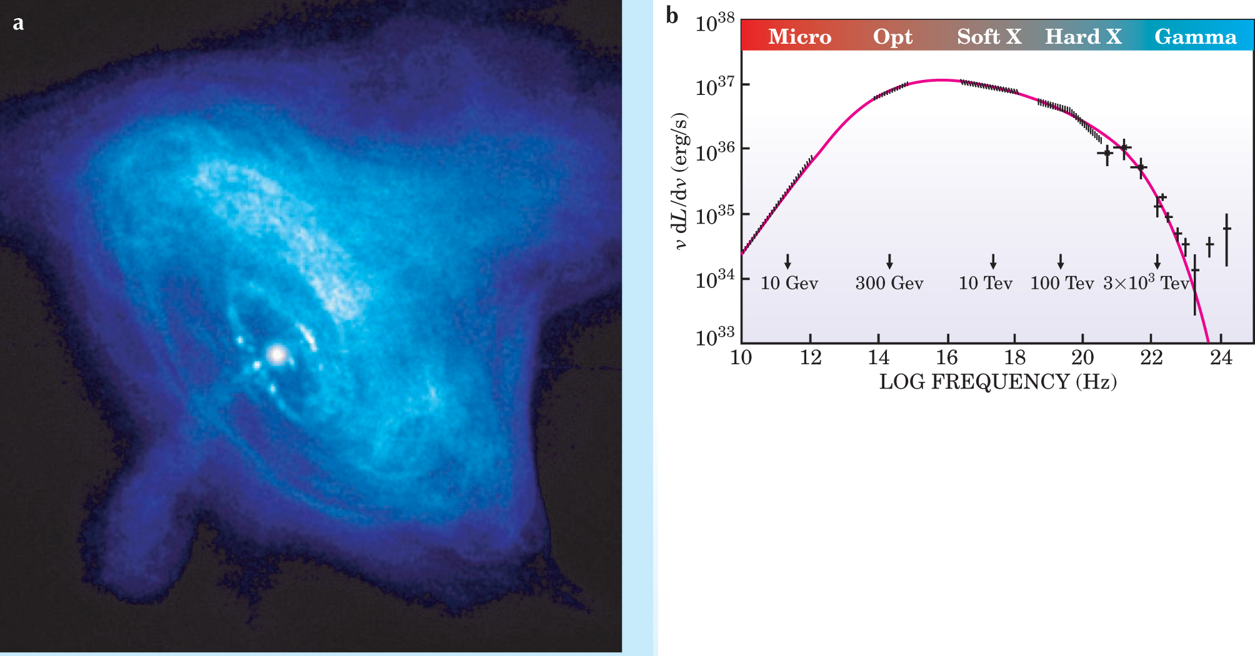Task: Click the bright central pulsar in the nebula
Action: (277, 354)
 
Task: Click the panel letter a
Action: (19, 23)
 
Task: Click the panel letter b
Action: (672, 16)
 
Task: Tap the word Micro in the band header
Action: (799, 37)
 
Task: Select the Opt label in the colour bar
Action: (892, 37)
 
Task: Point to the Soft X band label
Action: (989, 37)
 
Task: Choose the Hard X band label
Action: (1083, 37)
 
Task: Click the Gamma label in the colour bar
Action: (1195, 37)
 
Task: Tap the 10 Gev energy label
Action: (789, 283)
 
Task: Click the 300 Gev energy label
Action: (889, 283)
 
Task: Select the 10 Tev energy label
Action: (985, 283)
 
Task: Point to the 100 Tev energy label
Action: (1062, 283)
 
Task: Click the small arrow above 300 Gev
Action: (889, 262)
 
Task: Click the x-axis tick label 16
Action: (947, 357)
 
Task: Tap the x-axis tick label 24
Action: (1221, 357)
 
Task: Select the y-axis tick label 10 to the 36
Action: (714, 151)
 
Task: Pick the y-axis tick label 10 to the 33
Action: (714, 335)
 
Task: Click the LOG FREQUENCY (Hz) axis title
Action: (997, 382)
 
